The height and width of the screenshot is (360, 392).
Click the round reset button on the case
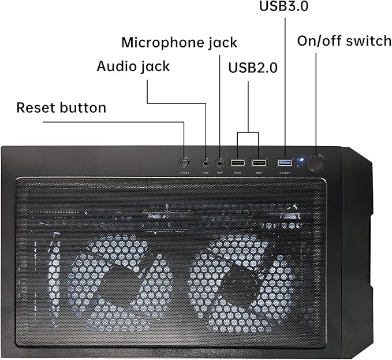184,162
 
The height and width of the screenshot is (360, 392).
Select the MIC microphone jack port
220,163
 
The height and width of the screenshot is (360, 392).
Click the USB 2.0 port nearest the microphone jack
237,162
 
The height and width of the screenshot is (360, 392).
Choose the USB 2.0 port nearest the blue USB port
259,162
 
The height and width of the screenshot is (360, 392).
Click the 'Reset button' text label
61,107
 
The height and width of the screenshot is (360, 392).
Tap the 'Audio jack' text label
133,66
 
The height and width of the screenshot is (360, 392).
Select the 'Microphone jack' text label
179,42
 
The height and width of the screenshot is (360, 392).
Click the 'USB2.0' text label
253,68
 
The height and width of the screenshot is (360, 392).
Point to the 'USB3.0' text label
284,7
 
